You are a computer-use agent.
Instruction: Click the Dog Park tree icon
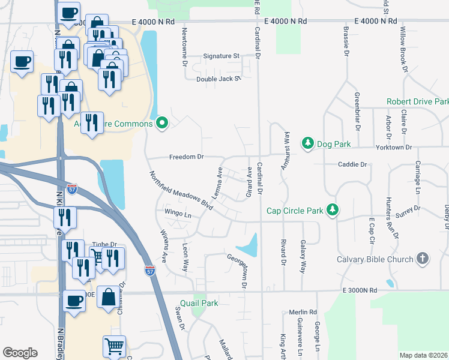307,143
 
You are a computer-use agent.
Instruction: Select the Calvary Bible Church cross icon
423,259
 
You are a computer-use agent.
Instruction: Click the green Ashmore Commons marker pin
161,124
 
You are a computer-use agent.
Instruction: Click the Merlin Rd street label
302,312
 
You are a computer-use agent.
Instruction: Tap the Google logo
20,353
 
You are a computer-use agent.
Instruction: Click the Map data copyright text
423,355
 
